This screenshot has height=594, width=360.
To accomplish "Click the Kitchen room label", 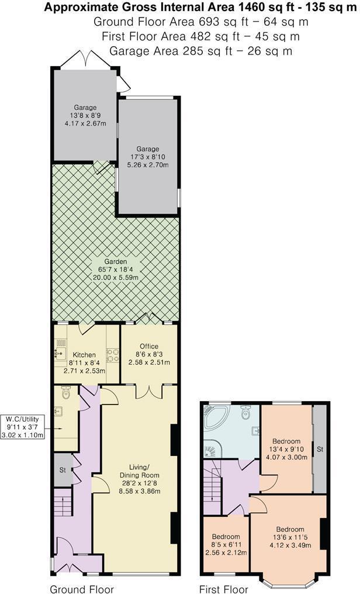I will click(84, 355).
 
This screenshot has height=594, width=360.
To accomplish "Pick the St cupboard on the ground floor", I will click(62, 469).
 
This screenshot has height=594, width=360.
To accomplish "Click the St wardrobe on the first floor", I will click(319, 449).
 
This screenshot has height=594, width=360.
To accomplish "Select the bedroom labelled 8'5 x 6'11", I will click(226, 544).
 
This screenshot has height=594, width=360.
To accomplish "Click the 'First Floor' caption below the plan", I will click(224, 588).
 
